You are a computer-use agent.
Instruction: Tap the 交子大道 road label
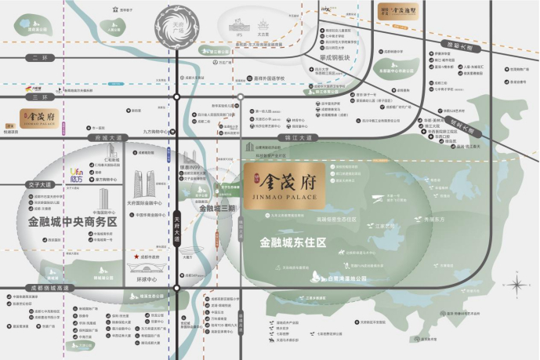coord(39,185)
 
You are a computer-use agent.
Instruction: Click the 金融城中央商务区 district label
coord(71,223)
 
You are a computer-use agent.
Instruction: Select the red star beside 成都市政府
coord(136,256)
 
